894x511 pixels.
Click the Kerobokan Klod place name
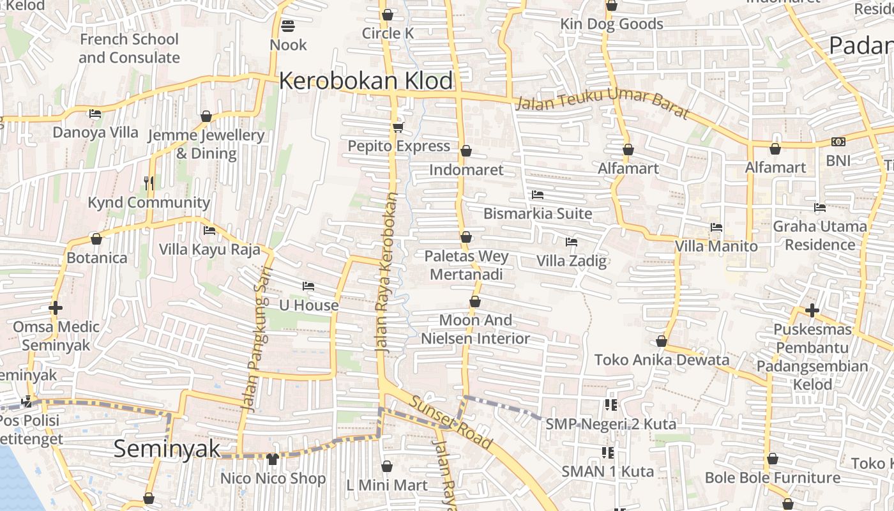pyautogui.click(x=366, y=81)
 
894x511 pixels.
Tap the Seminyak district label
pyautogui.click(x=167, y=448)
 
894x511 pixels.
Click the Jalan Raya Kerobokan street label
pyautogui.click(x=388, y=273)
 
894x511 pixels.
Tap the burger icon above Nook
pyautogui.click(x=288, y=26)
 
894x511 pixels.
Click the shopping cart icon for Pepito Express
pyautogui.click(x=398, y=128)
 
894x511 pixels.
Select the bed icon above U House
pyautogui.click(x=308, y=286)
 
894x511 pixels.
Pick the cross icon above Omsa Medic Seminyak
pyautogui.click(x=56, y=309)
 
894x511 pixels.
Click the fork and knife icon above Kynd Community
pyautogui.click(x=149, y=183)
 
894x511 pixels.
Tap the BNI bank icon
pyautogui.click(x=838, y=142)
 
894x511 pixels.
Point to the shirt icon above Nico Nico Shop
pyautogui.click(x=273, y=459)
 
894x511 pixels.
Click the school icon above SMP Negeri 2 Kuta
pyautogui.click(x=610, y=404)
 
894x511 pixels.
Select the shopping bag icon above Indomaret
pyautogui.click(x=466, y=151)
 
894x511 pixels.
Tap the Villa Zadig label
pyautogui.click(x=571, y=261)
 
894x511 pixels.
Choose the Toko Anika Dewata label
pyautogui.click(x=662, y=360)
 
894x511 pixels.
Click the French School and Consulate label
pyautogui.click(x=129, y=49)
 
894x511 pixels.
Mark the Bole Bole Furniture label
pyautogui.click(x=773, y=478)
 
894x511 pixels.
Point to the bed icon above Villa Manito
pyautogui.click(x=716, y=227)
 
